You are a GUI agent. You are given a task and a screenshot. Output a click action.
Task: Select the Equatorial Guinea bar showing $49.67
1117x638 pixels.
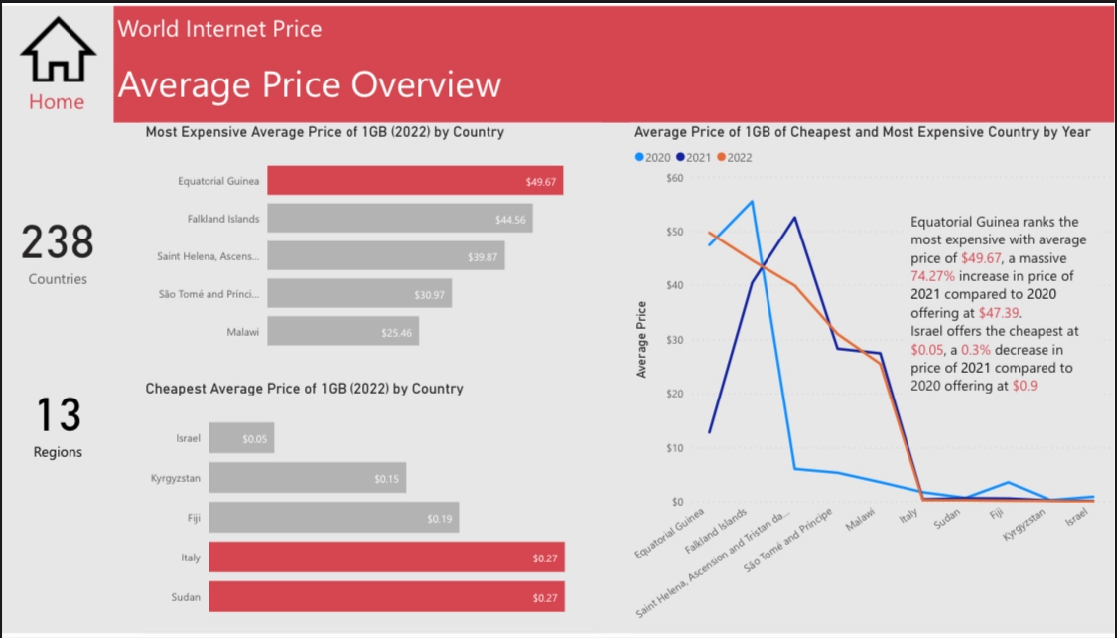[x=415, y=181]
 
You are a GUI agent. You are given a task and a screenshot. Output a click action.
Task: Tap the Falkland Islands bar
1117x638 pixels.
[x=399, y=219]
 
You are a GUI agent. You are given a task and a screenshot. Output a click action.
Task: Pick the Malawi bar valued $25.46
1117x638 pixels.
[x=343, y=332]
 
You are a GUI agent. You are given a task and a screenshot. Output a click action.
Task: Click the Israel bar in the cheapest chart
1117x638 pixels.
[x=241, y=438]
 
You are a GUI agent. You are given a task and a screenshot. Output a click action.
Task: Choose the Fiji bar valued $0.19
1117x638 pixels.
[x=334, y=518]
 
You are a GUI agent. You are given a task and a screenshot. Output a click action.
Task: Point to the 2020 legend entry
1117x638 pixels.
[x=651, y=157]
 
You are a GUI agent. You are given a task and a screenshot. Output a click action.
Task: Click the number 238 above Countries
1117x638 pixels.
[x=58, y=243]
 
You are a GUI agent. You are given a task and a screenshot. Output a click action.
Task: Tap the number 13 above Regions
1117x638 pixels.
[x=58, y=415]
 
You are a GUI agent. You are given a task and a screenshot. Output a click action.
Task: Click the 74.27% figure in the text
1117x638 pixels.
[x=933, y=275]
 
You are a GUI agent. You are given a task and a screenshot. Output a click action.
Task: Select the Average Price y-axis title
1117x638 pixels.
[x=641, y=339]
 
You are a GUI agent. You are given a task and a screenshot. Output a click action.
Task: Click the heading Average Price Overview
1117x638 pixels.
[x=309, y=85]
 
